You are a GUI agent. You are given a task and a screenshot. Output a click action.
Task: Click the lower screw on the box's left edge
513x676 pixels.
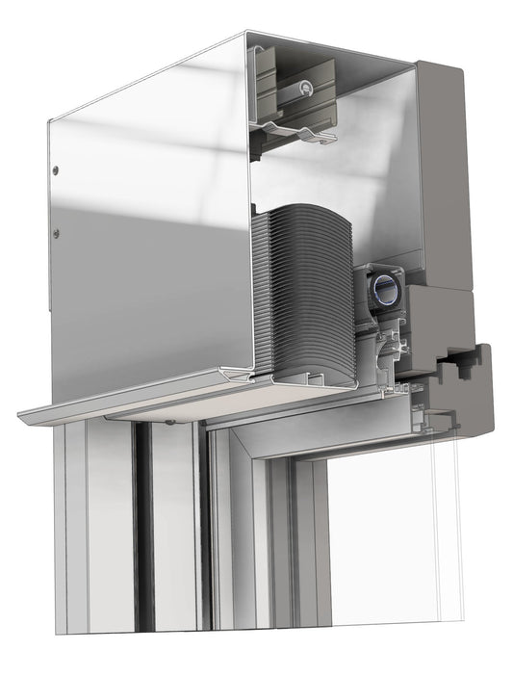pyautogui.click(x=55, y=232)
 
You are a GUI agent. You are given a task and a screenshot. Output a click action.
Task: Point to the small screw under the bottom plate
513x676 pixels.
pyautogui.click(x=169, y=421)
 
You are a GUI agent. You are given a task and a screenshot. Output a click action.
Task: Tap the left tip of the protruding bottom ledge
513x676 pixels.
pyautogui.click(x=23, y=416)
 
